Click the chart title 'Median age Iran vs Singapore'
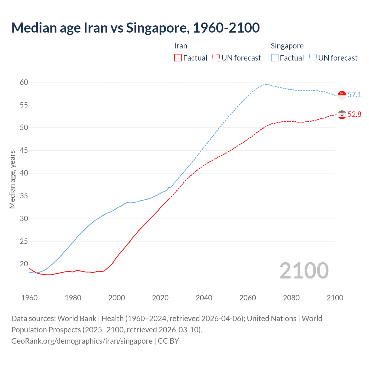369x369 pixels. pos(135,28)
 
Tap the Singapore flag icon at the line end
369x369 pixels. pos(342,95)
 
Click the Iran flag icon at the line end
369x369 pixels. pos(342,115)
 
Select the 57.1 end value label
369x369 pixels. pos(354,95)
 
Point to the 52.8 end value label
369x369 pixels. pos(354,114)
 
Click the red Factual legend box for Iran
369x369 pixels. pos(178,58)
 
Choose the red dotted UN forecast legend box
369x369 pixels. pos(216,58)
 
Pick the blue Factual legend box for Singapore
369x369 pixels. pos(275,58)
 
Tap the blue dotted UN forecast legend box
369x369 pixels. pos(313,58)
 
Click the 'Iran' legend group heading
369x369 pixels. pos(181,46)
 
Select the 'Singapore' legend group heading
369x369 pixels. pos(287,46)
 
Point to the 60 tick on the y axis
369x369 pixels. pos(24,82)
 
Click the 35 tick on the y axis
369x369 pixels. pos(24,196)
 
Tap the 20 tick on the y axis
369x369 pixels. pos(24,264)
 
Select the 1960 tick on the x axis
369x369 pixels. pos(29,298)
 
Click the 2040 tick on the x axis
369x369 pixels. pos(204,298)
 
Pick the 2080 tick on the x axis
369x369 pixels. pos(291,298)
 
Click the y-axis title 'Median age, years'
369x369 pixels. pos(12,179)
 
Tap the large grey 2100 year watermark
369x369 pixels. pos(304,271)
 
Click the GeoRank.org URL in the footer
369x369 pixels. pos(82,341)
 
